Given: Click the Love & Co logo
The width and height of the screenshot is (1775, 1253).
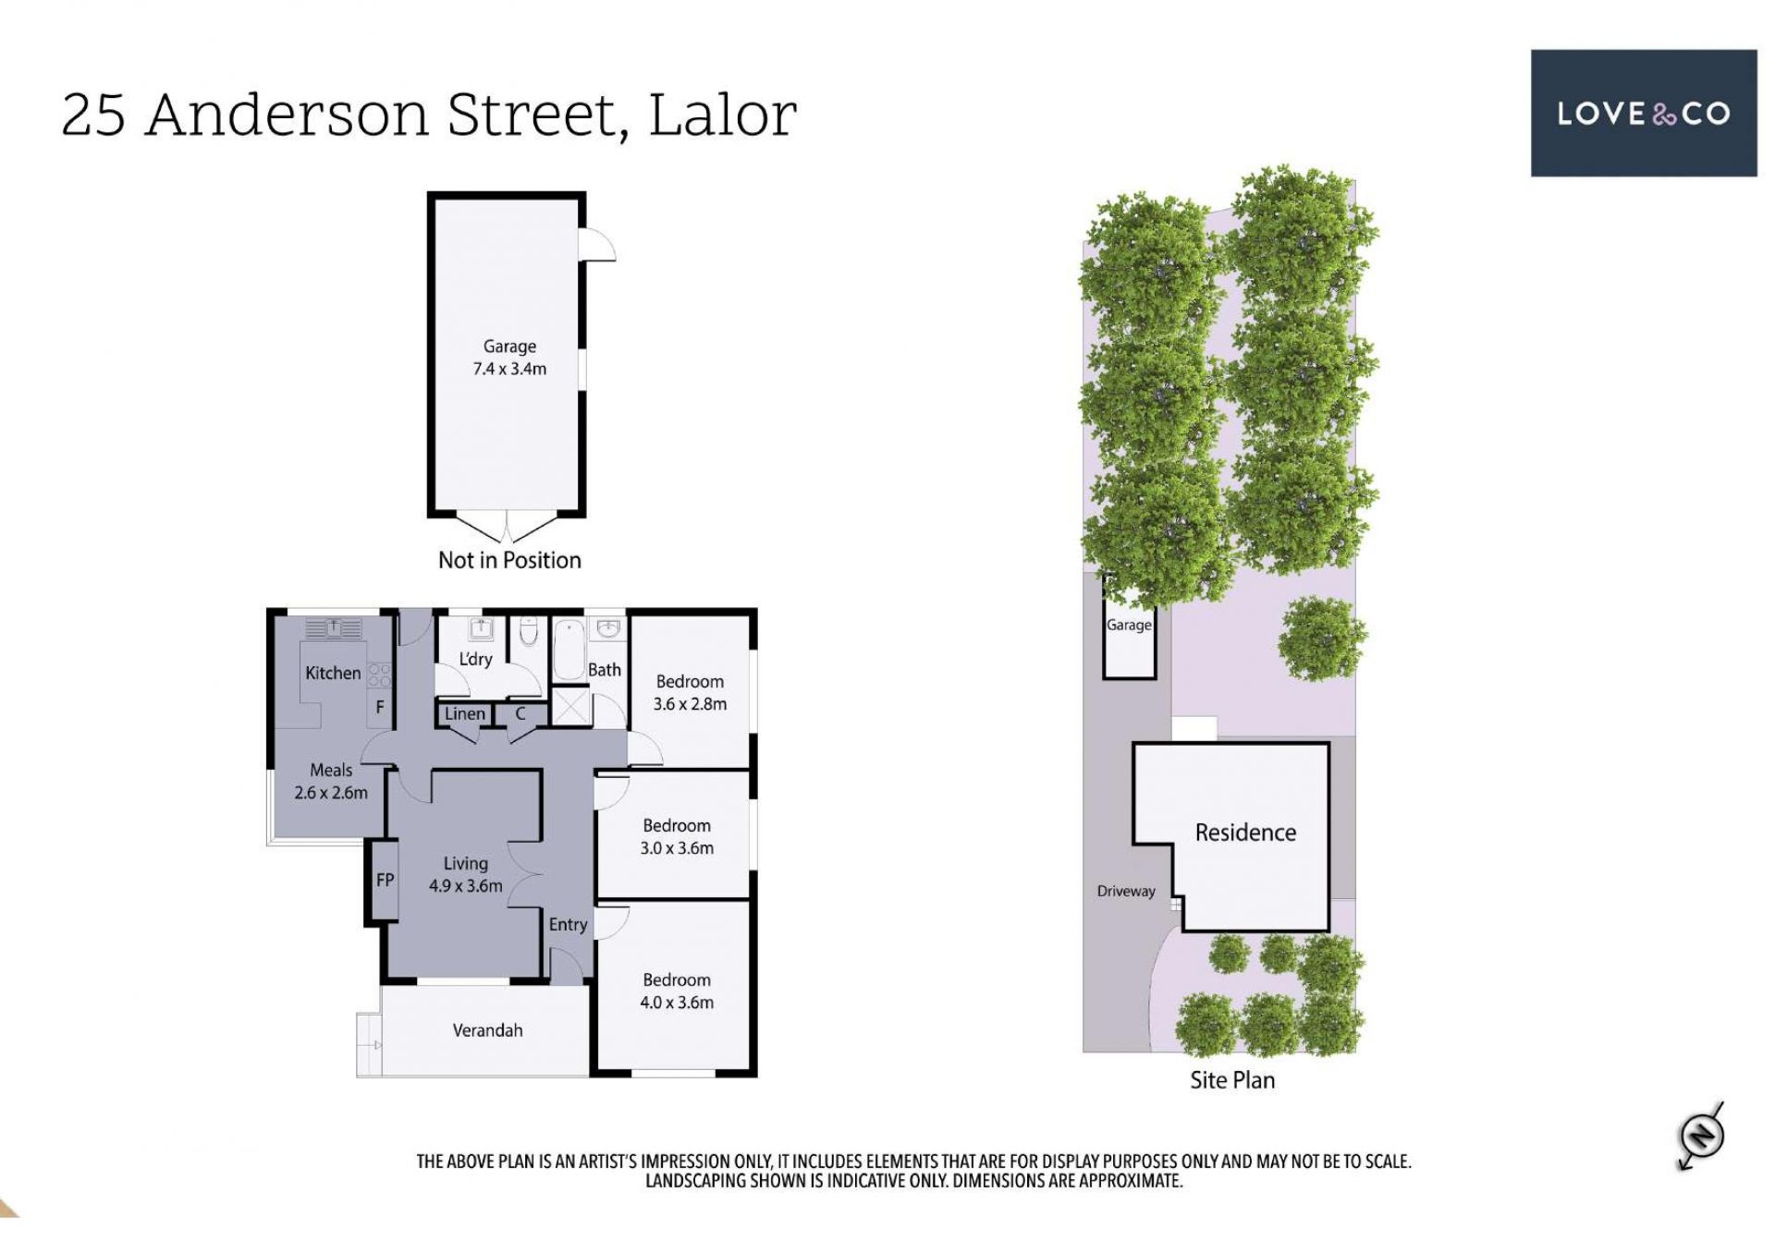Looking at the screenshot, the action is point(1643,113).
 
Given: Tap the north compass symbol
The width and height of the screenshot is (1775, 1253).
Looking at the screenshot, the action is point(1701,1134).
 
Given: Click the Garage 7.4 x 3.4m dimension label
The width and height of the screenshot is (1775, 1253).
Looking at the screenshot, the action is point(509,358).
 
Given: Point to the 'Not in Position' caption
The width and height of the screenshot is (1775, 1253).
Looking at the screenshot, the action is point(509,560).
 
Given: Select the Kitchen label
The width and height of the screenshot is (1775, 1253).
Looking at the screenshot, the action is point(333,673).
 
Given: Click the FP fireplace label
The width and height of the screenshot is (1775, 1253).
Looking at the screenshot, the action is point(385,880).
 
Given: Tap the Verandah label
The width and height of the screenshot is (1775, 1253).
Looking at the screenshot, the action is point(487,1030).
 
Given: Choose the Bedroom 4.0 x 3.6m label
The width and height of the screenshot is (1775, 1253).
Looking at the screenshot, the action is point(677,991).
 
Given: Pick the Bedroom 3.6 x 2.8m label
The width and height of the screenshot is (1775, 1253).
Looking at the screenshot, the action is point(690,692).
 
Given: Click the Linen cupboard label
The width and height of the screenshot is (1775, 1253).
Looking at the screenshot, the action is point(464,713).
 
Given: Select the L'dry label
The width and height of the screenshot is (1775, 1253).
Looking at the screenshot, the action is point(475,659).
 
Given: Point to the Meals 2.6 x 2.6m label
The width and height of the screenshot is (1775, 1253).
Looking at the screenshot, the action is point(331,781).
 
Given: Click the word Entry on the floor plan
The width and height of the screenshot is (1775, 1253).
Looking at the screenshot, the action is point(568,925).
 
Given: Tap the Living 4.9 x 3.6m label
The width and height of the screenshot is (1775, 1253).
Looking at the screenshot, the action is point(465,874).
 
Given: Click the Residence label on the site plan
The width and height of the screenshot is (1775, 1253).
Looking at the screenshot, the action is point(1245,833).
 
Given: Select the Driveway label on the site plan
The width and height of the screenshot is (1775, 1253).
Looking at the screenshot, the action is point(1126,891).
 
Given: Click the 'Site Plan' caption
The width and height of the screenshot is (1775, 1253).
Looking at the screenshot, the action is point(1232,1080).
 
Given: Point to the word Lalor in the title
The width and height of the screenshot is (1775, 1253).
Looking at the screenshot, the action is point(722,115).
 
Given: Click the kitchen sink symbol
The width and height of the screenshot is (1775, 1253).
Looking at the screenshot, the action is point(334,628).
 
